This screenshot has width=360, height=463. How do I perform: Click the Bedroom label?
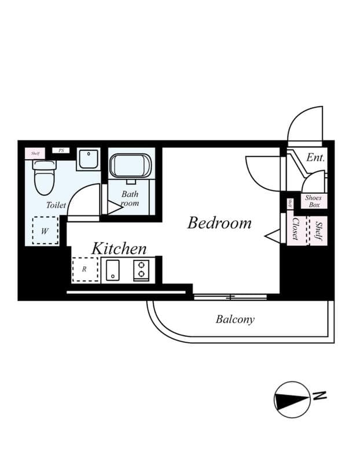pos(219,223)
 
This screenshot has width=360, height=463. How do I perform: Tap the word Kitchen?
pos(119,249)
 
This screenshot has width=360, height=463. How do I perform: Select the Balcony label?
pos(235,319)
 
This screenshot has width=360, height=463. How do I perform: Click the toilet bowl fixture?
pos(43,177)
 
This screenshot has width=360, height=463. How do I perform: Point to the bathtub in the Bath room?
pos(130,166)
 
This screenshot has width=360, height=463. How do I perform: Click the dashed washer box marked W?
pos(45,230)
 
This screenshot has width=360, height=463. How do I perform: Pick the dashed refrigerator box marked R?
pos(85,270)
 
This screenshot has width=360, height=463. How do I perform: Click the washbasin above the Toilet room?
pos(88,159)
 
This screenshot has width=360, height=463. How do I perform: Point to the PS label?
pos(60,150)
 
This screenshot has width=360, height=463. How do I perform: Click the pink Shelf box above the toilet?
pos(35,153)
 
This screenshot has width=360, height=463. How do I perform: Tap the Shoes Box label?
pos(314,201)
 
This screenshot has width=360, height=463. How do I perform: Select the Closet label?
pos(296,229)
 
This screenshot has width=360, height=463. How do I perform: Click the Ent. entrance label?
pos(315,157)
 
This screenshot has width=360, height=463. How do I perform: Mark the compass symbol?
pos(292,400)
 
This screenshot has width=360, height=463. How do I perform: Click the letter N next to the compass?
pos(319,395)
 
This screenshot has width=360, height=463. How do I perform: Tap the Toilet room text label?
pos(56,205)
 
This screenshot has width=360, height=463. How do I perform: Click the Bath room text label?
pos(130,199)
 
